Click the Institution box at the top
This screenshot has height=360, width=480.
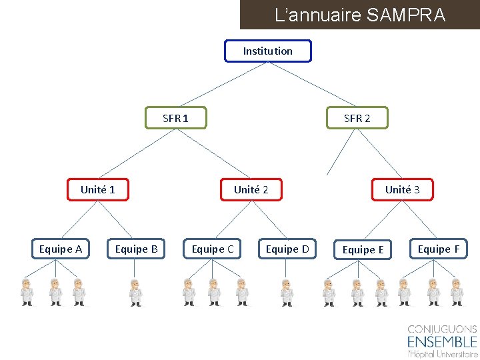pyautogui.click(x=267, y=51)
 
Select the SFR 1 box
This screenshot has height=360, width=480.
pyautogui.click(x=176, y=118)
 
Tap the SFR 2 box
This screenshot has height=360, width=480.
pyautogui.click(x=357, y=118)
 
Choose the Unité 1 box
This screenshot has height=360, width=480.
pyautogui.click(x=98, y=189)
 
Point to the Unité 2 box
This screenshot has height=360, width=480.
pyautogui.click(x=251, y=189)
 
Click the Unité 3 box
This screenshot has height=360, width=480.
pyautogui.click(x=402, y=189)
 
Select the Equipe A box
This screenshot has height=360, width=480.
pyautogui.click(x=61, y=249)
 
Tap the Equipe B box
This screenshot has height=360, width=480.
pyautogui.click(x=137, y=249)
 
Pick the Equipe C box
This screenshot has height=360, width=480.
pyautogui.click(x=213, y=249)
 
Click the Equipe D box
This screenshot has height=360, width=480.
pyautogui.click(x=287, y=249)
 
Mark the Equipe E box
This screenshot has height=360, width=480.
pyautogui.click(x=363, y=250)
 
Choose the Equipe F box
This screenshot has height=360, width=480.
pyautogui.click(x=439, y=249)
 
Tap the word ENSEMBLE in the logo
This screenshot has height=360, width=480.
pyautogui.click(x=442, y=342)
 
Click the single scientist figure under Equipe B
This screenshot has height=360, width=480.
pyautogui.click(x=136, y=292)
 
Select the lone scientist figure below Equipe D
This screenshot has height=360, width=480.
pyautogui.click(x=287, y=292)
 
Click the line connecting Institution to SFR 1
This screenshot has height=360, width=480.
pyautogui.click(x=222, y=85)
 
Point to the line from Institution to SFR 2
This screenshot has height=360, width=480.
pyautogui.click(x=312, y=85)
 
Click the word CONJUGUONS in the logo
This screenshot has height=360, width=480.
pyautogui.click(x=442, y=329)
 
